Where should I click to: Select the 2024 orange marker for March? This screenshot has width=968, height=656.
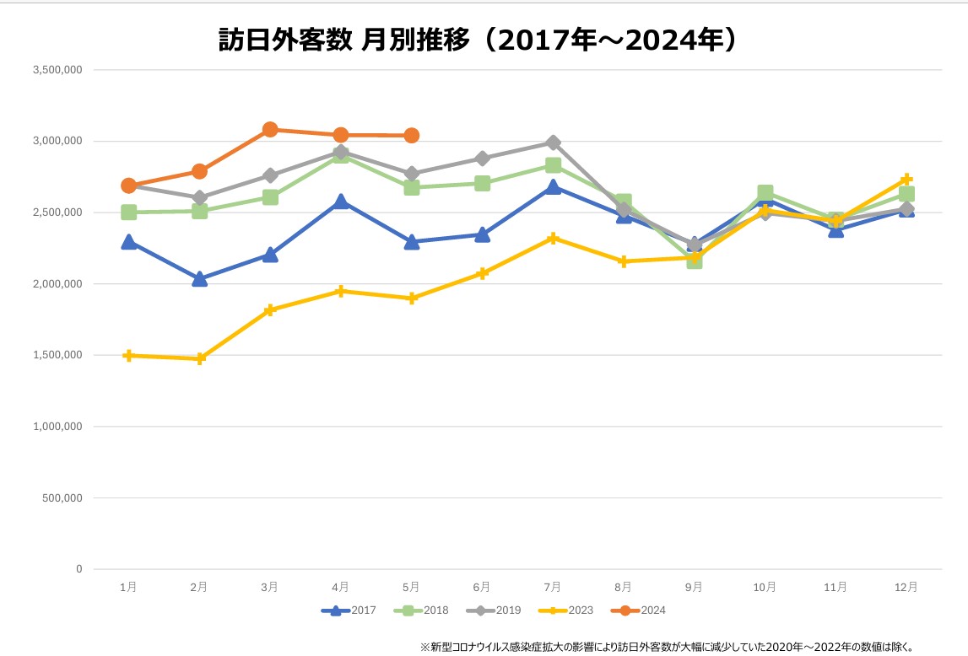[270, 130]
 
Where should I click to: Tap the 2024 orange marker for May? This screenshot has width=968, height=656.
[412, 136]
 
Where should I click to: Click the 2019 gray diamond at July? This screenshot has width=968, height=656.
[553, 142]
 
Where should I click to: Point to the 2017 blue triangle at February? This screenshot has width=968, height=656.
[199, 279]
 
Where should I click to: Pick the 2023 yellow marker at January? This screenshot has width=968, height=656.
[128, 356]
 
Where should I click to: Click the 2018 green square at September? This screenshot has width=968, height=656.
[695, 261]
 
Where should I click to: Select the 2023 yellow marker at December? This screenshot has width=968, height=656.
[906, 179]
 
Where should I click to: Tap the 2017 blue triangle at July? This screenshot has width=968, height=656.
[553, 187]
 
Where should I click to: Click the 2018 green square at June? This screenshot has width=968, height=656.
[482, 183]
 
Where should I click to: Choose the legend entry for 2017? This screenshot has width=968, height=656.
[349, 610]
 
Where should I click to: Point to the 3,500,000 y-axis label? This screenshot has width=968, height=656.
[57, 70]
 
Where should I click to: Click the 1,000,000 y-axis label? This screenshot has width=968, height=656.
[57, 427]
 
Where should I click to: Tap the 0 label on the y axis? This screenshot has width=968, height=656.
[78, 569]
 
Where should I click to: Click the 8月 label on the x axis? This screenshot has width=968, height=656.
[624, 587]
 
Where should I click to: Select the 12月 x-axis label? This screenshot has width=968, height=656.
[906, 587]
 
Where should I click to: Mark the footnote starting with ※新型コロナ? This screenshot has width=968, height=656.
[667, 647]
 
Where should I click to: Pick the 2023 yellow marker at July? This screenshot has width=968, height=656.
[553, 239]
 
